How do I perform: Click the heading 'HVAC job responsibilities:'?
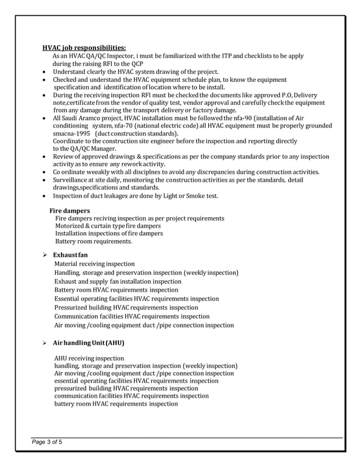[x=85, y=47]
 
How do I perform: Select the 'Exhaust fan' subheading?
[x=71, y=255]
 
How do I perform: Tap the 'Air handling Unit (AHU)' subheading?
[x=89, y=343]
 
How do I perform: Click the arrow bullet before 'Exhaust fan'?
[x=45, y=255]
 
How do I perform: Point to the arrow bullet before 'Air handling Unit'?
[x=45, y=343]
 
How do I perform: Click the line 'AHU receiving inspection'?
[x=89, y=358]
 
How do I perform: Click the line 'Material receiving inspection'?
[x=94, y=263]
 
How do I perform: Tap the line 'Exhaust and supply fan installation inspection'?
[x=118, y=281]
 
